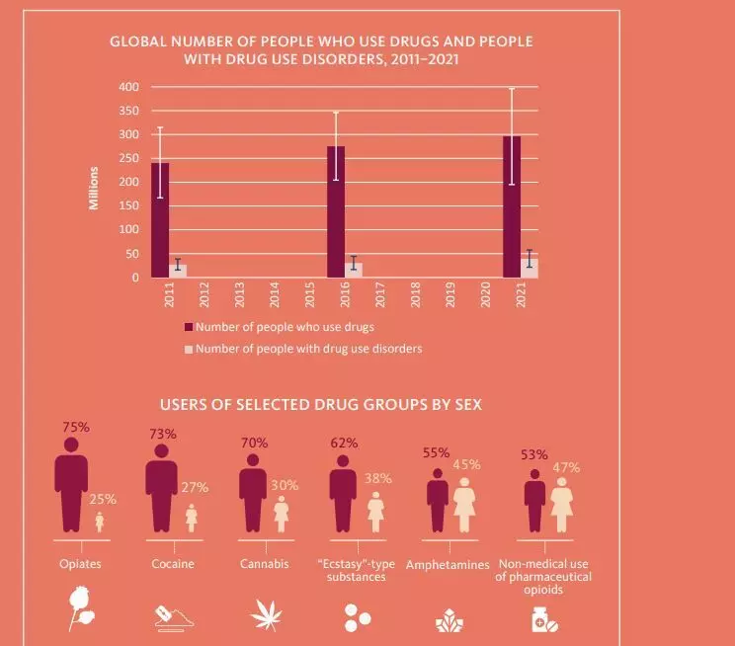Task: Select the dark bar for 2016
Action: pyautogui.click(x=336, y=212)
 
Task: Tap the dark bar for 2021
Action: pyautogui.click(x=512, y=207)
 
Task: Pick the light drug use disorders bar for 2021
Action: pyautogui.click(x=530, y=268)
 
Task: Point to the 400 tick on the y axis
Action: pyautogui.click(x=128, y=87)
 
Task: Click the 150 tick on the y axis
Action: pyautogui.click(x=128, y=206)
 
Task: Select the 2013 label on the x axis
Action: pyautogui.click(x=239, y=295)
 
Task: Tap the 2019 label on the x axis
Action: pyautogui.click(x=450, y=295)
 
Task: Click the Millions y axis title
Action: pyautogui.click(x=95, y=188)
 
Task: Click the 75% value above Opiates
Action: pyautogui.click(x=76, y=428)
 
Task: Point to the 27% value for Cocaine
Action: pyautogui.click(x=195, y=487)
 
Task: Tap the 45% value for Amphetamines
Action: pyautogui.click(x=466, y=465)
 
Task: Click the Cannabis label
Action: pyautogui.click(x=264, y=565)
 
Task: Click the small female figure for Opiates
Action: pyautogui.click(x=99, y=522)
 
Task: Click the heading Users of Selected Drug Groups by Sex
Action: pyautogui.click(x=321, y=405)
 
